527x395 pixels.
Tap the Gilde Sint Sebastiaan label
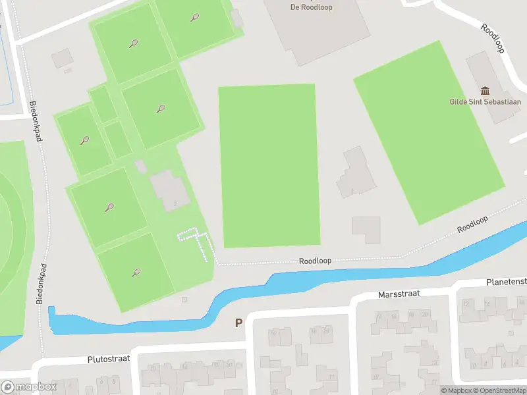click(485, 101)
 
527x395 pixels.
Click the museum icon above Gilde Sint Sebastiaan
click(485, 91)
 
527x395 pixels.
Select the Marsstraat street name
click(399, 294)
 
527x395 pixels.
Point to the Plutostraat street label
click(109, 359)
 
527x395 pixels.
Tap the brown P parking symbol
click(238, 323)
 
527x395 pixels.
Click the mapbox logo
click(29, 387)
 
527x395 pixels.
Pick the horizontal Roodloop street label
click(315, 261)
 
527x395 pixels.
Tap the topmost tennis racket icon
click(194, 18)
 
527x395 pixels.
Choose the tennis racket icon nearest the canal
click(136, 272)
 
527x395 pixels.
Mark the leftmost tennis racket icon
click(84, 140)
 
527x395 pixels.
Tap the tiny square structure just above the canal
click(184, 300)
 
